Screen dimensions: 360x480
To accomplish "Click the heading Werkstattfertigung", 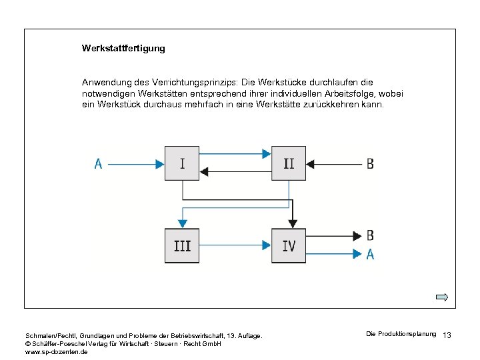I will [x=123, y=49].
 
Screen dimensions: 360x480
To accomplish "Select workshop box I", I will [x=182, y=163].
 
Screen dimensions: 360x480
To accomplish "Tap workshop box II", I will [x=289, y=163].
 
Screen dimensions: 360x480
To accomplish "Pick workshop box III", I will [x=182, y=245].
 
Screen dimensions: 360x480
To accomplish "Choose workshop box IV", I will [x=289, y=245].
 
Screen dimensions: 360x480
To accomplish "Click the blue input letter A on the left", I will [x=99, y=163].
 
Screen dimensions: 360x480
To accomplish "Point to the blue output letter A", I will [x=370, y=254].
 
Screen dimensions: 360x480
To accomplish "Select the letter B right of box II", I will [x=370, y=163].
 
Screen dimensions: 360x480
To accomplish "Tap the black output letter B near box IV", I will [x=370, y=235].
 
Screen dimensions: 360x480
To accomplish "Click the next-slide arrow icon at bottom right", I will [x=442, y=297].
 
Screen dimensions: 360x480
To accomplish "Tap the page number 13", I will [x=447, y=335].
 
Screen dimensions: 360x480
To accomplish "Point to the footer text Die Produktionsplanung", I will [x=401, y=333].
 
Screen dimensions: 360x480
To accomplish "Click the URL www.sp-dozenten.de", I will [x=56, y=351].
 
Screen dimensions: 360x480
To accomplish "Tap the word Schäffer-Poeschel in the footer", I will [x=59, y=343].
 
